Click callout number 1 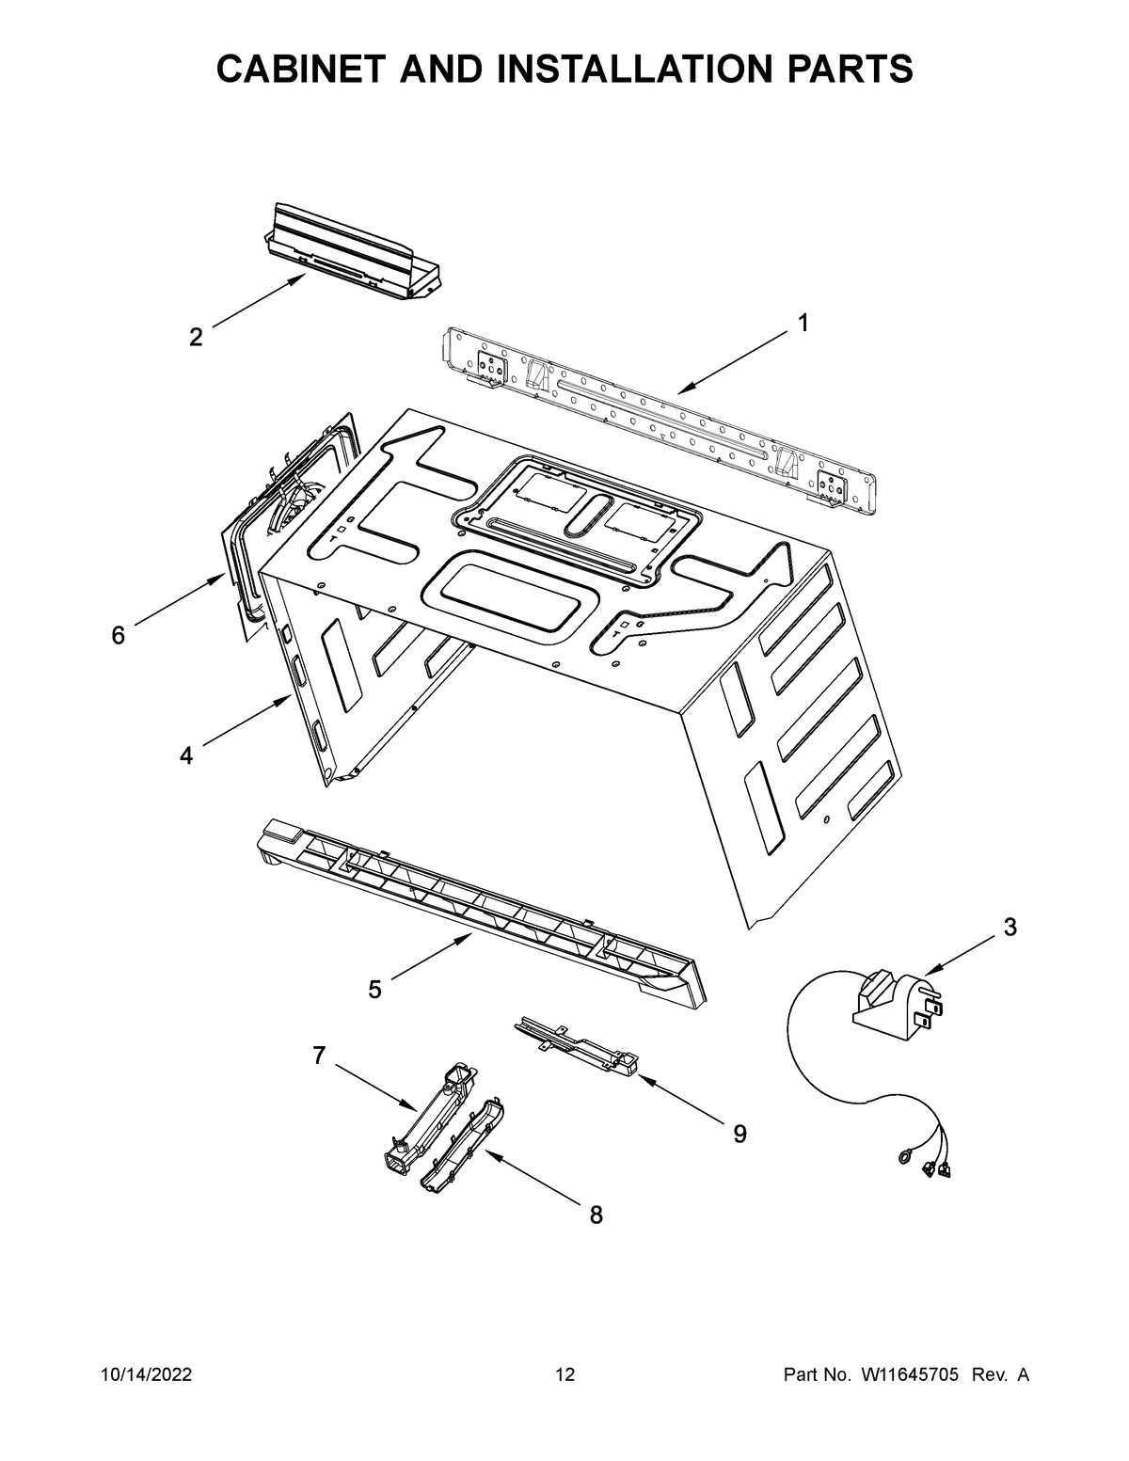(x=803, y=323)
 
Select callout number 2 (x=196, y=337)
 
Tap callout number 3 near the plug (x=1010, y=927)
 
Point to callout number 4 (x=186, y=754)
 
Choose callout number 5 (x=374, y=990)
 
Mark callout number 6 (x=118, y=636)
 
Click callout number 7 (x=319, y=1056)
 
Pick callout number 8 (x=596, y=1215)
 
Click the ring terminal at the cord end (x=904, y=1159)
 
